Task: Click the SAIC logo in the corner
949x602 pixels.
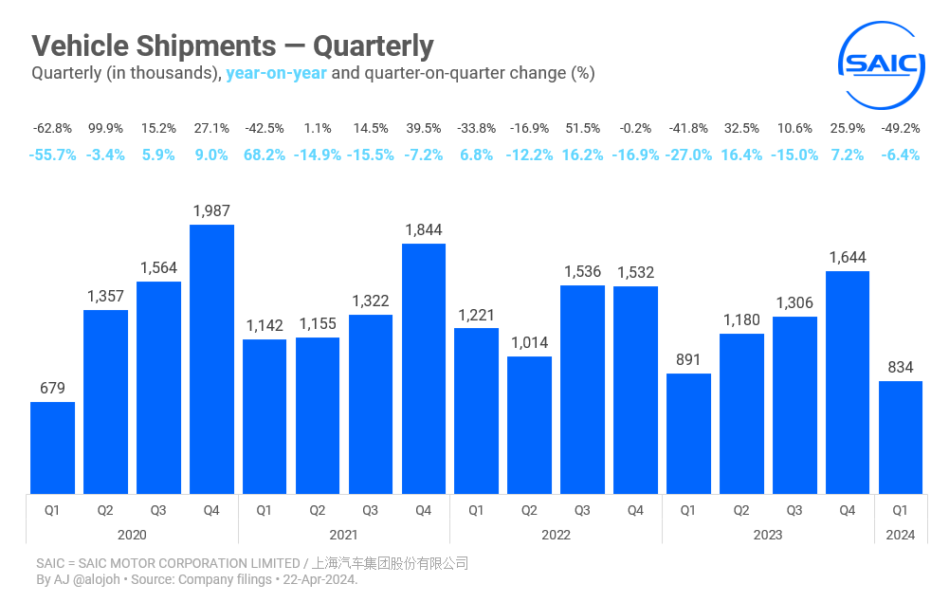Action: [883, 64]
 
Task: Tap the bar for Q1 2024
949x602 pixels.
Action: [901, 437]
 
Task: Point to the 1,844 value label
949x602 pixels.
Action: [423, 229]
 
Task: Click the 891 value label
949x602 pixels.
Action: [688, 359]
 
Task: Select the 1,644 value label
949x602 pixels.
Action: [848, 257]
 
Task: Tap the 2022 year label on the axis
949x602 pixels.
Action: [556, 535]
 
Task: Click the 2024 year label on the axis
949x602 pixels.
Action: [901, 535]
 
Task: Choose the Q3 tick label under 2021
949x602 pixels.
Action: [370, 510]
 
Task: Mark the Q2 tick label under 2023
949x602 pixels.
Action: [741, 510]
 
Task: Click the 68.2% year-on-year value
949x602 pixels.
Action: [265, 155]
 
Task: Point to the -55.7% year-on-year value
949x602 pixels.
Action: [53, 155]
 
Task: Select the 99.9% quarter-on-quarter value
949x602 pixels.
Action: [105, 128]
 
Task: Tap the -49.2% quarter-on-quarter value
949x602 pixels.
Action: [901, 128]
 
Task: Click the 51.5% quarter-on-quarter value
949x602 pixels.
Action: [582, 128]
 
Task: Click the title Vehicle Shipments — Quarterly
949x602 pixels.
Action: [232, 46]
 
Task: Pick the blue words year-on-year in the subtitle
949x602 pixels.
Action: [276, 73]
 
